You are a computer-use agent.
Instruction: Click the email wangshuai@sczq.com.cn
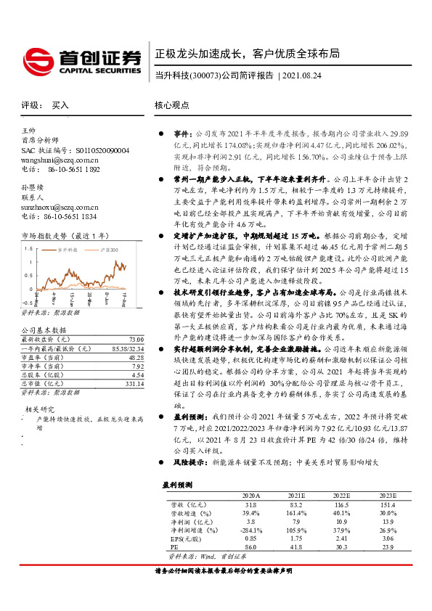click(x=60, y=159)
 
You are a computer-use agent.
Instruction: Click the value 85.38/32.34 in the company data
click(x=127, y=349)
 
